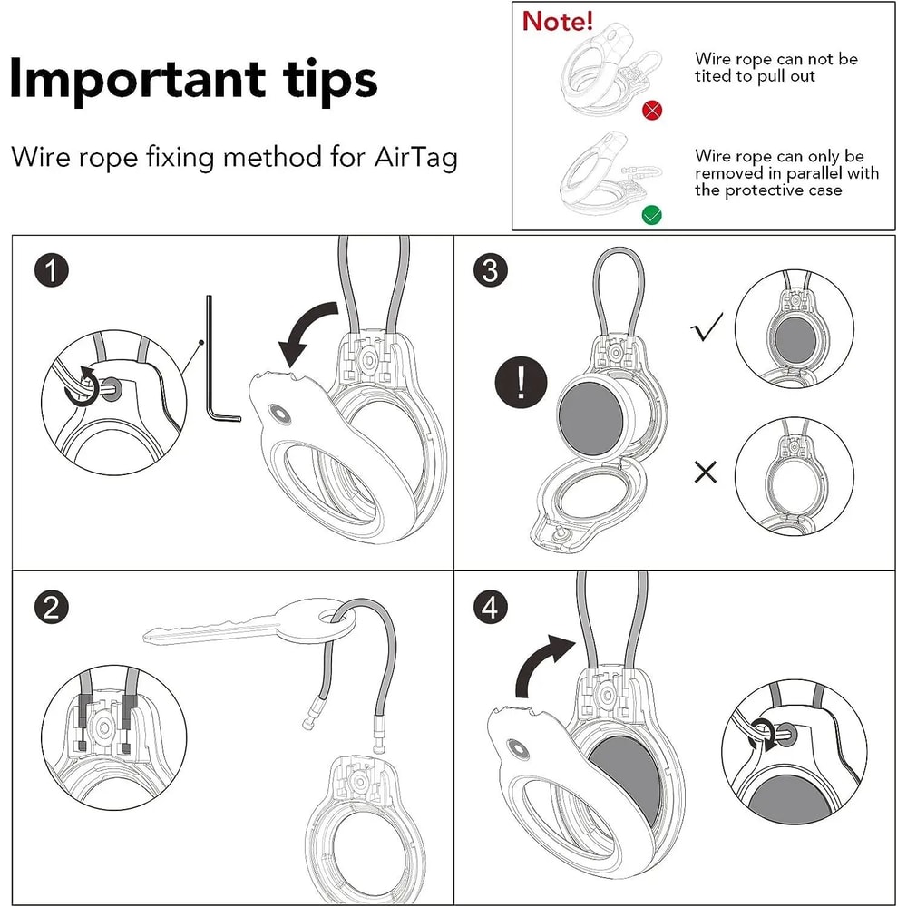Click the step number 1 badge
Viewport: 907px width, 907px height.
52,270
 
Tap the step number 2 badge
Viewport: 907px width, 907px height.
52,608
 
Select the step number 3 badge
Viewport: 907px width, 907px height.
490,270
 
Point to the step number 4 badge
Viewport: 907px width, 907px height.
490,608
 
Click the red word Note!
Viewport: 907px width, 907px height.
558,21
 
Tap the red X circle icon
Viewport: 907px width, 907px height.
652,110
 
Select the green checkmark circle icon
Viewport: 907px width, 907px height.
652,215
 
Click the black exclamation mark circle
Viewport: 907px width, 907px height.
521,383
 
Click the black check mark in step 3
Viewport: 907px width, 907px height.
707,327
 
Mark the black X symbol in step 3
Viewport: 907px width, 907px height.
705,472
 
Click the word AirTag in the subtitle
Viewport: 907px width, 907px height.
416,157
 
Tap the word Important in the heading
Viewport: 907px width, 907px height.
138,81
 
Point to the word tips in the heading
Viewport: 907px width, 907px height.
330,81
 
